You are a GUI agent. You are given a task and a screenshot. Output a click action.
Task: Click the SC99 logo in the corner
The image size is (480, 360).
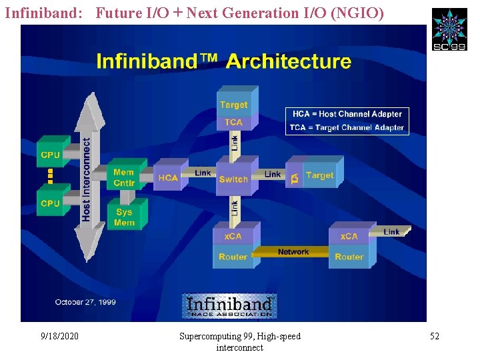click(x=449, y=29)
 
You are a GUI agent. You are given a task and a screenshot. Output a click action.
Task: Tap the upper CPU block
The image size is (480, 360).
click(x=51, y=155)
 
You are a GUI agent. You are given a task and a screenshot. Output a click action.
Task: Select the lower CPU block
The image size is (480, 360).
click(x=51, y=203)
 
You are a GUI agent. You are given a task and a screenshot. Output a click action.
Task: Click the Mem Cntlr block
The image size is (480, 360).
click(x=123, y=177)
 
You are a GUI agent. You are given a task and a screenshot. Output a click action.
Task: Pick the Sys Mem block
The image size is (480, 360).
click(x=124, y=217)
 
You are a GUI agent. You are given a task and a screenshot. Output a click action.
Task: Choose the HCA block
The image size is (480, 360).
click(x=168, y=177)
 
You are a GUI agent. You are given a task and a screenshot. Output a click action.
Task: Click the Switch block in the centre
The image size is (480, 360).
click(x=233, y=179)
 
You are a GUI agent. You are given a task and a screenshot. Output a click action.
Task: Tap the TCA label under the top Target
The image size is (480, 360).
click(x=233, y=122)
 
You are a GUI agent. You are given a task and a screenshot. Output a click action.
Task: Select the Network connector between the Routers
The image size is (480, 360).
click(x=293, y=252)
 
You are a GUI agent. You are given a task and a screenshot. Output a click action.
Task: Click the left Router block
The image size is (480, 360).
click(x=233, y=257)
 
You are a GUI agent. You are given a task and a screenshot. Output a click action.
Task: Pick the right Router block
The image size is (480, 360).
click(x=349, y=257)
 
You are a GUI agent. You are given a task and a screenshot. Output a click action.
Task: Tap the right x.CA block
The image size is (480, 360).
click(x=349, y=236)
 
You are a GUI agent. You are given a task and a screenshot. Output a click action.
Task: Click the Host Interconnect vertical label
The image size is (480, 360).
click(x=86, y=179)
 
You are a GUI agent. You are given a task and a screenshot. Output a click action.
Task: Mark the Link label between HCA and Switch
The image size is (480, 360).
click(x=203, y=173)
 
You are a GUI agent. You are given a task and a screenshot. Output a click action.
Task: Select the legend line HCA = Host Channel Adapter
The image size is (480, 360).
click(x=347, y=114)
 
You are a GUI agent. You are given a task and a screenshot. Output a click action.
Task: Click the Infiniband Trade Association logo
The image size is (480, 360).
click(x=229, y=306)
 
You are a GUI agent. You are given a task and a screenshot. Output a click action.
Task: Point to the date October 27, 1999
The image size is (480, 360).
click(x=85, y=302)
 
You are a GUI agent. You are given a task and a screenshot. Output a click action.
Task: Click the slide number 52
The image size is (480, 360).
click(x=435, y=336)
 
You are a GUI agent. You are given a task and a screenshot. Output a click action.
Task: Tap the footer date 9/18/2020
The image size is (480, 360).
click(x=59, y=336)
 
